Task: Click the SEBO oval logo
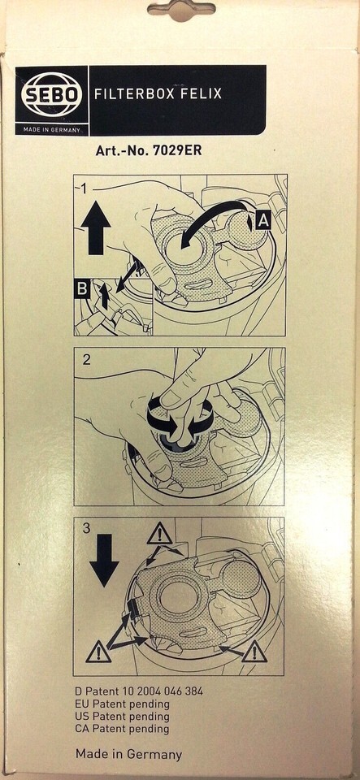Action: pyautogui.click(x=52, y=94)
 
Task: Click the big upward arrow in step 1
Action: pyautogui.click(x=95, y=232)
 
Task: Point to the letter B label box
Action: pyautogui.click(x=81, y=290)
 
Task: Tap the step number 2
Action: pyautogui.click(x=87, y=360)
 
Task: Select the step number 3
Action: pyautogui.click(x=86, y=529)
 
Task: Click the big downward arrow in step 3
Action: pyautogui.click(x=104, y=561)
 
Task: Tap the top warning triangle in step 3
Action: pyautogui.click(x=159, y=535)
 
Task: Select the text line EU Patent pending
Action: pyautogui.click(x=122, y=704)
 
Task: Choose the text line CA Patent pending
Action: pyautogui.click(x=122, y=730)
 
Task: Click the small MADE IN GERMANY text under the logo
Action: pyautogui.click(x=52, y=130)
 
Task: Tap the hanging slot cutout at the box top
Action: pyautogui.click(x=181, y=10)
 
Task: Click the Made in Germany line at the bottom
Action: pyautogui.click(x=128, y=755)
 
